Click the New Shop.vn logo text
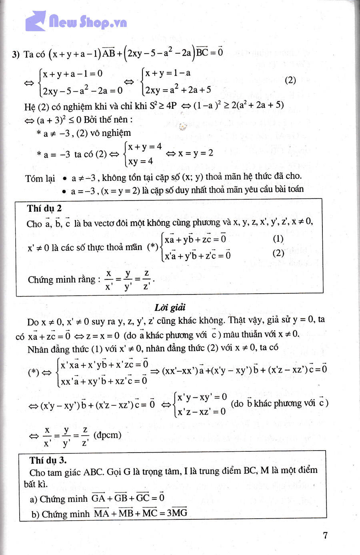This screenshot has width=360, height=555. click(88, 22)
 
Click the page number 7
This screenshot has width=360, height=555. click(325, 535)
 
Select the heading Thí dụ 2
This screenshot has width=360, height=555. click(44, 208)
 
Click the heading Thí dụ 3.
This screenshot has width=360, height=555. click(48, 460)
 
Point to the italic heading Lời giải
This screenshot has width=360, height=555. click(170, 307)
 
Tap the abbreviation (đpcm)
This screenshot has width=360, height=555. click(107, 435)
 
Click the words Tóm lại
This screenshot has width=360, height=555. click(40, 178)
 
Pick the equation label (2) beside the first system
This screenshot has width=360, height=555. click(290, 80)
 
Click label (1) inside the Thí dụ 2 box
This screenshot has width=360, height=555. click(278, 239)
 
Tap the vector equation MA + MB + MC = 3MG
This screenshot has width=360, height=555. click(140, 513)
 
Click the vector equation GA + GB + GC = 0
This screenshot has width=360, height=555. click(128, 498)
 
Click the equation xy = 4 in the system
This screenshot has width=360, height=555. click(140, 161)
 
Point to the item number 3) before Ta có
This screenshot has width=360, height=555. click(16, 54)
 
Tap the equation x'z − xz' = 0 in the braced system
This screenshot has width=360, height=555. click(201, 411)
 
